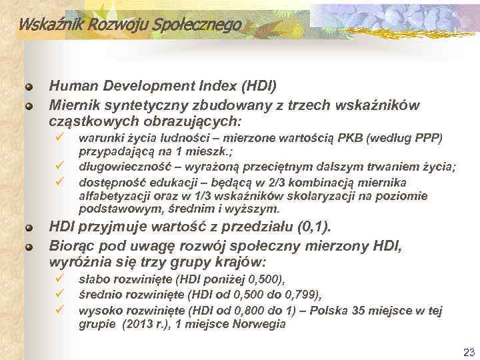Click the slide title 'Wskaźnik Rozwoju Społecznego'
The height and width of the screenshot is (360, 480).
pos(129,25)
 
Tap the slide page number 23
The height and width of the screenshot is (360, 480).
pos(467,351)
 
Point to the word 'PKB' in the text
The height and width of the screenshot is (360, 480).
pos(351,139)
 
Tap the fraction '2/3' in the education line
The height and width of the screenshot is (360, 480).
pos(281,182)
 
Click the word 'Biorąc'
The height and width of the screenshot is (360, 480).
pos(71,247)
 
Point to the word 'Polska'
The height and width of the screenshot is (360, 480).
pos(345,311)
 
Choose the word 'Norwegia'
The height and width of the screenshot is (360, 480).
pos(257,325)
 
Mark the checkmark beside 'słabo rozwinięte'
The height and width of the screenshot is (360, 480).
pos(59,277)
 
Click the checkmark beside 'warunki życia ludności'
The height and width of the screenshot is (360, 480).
pos(59,137)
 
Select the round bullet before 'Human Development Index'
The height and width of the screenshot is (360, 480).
pos(29,87)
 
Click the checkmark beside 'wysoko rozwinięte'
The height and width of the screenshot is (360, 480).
pos(59,309)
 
